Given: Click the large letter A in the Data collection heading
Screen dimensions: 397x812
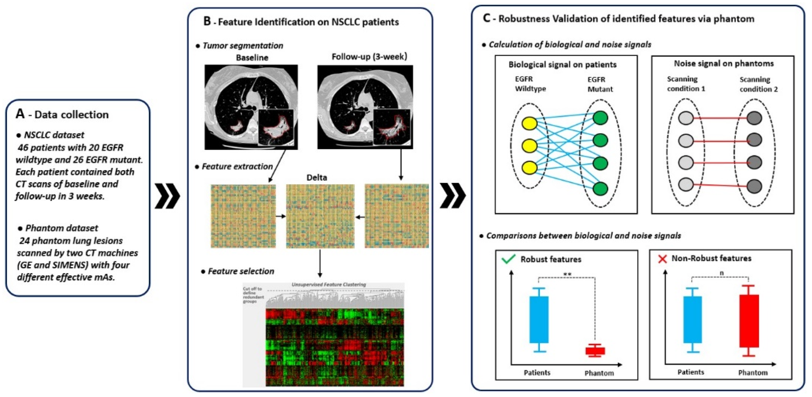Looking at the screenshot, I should pos(20,114).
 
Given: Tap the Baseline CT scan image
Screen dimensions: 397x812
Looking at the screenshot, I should pos(251,107).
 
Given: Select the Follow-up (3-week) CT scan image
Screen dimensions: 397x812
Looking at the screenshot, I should pos(365,107).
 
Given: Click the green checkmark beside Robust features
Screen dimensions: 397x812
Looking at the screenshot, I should pos(508,259).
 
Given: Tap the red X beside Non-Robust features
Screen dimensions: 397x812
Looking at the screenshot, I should pos(662,259).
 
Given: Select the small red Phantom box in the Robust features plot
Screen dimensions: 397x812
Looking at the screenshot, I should pos(595,351).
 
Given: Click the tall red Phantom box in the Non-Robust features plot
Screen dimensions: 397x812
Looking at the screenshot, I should pos(749,321).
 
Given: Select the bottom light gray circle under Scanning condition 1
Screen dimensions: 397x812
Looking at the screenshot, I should pos(686,184).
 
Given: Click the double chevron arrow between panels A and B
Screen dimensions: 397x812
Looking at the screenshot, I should pos(167,196).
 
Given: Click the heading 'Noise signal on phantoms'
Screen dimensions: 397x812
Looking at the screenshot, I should pos(724,64).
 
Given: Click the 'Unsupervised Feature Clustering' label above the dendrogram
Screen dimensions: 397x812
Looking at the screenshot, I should pos(328,284).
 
